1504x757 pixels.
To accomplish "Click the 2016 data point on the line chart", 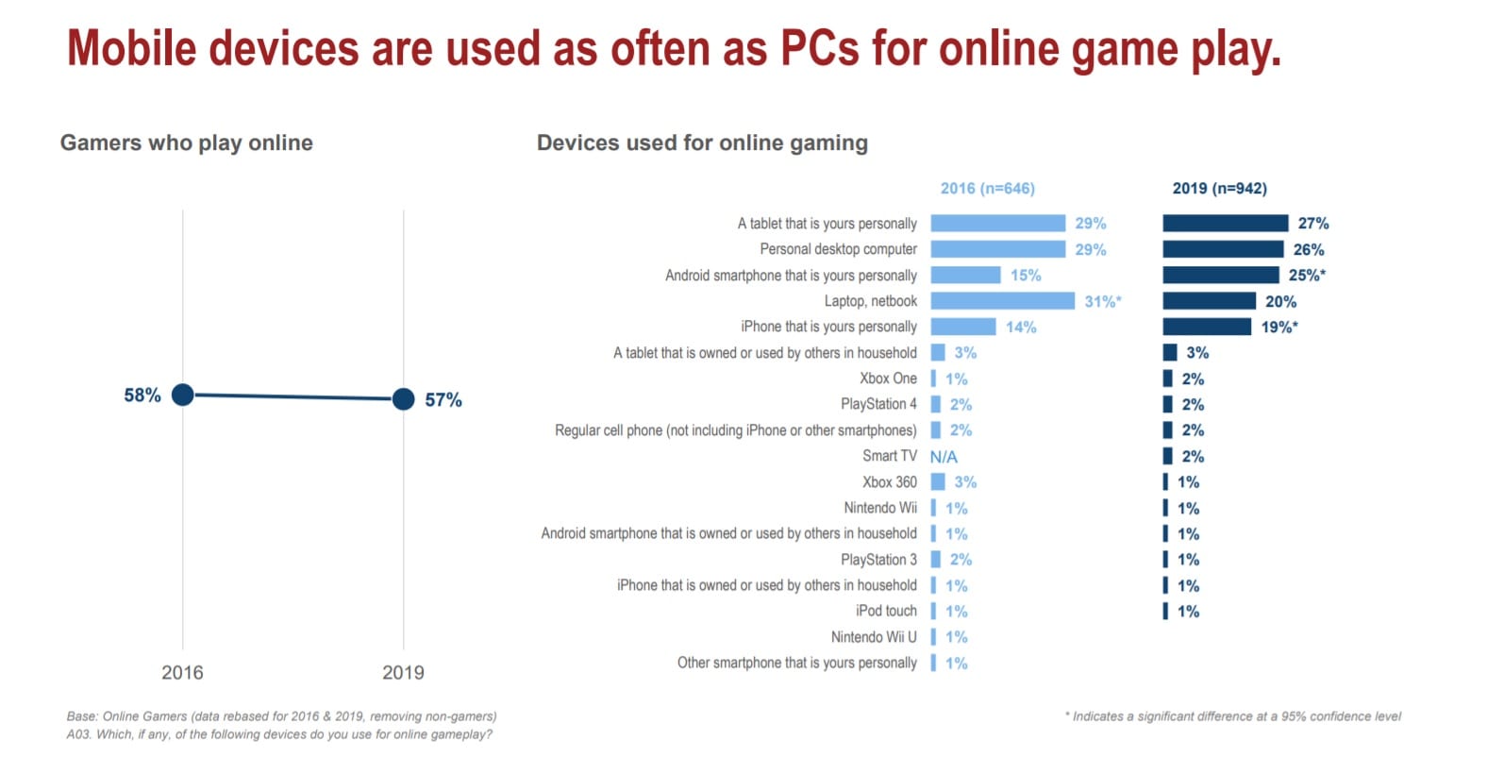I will [183, 395].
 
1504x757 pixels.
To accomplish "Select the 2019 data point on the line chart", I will [403, 399].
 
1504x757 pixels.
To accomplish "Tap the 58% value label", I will [142, 395].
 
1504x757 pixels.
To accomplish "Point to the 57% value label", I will [443, 400].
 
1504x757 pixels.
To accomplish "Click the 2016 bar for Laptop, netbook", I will [1002, 301].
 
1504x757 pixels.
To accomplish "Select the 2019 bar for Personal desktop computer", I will [1223, 249].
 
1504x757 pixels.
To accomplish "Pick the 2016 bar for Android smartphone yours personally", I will [965, 275].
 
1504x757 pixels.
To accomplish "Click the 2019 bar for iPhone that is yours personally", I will [1207, 327].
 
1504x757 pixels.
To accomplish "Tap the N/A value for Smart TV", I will [944, 457].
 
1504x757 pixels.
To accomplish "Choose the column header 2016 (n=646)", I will [987, 189].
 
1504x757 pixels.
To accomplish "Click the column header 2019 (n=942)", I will [1219, 189].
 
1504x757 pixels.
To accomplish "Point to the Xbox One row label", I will [888, 378].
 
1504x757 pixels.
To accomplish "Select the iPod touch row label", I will [886, 611].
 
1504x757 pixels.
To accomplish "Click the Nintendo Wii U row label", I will [874, 637].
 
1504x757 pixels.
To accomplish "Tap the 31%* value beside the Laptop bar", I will [1102, 302].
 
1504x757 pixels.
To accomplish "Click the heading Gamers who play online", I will [187, 143].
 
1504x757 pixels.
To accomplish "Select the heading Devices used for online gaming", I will [702, 143].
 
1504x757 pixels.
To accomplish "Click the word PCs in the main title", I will [820, 49].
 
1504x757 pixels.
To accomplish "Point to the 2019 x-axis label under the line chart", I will [403, 673].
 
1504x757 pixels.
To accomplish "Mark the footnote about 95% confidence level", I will [1232, 716].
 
